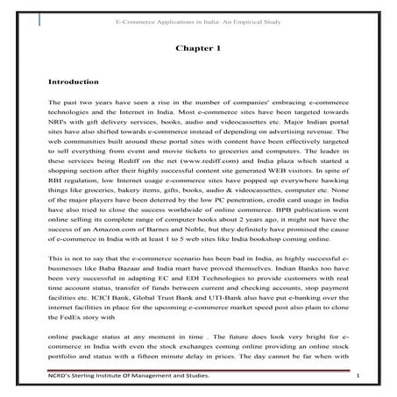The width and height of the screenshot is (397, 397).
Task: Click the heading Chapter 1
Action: pos(198,52)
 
